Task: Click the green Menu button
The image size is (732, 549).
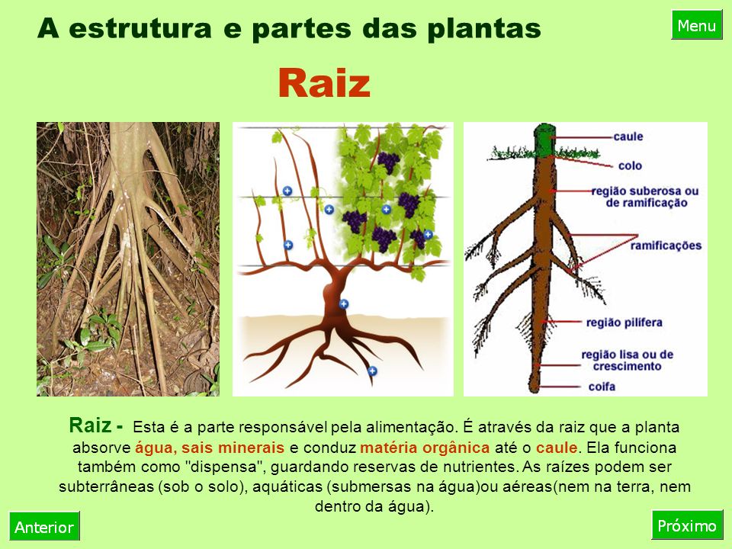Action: coord(697,25)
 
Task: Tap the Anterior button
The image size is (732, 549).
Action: coord(44,527)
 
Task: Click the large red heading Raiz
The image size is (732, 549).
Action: coord(324,83)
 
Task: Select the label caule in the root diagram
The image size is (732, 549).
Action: coord(628,136)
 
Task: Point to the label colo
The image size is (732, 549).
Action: coord(630,165)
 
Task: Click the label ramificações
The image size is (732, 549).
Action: coord(666,246)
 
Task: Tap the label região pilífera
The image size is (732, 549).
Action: coord(624,322)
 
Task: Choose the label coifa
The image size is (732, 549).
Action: coord(602,387)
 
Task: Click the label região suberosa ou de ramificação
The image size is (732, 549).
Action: coord(645,197)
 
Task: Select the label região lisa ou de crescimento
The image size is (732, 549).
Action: coord(627,360)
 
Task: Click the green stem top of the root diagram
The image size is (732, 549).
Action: coord(544,140)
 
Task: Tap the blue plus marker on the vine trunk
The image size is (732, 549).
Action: coord(344,304)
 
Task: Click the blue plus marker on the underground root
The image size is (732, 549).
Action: coord(372,371)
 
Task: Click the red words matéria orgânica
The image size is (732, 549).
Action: coord(425,448)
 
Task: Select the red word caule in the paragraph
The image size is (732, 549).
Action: coord(557,448)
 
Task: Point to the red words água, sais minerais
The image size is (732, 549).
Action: coord(210,448)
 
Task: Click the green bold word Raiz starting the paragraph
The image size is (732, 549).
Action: coord(90,425)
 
